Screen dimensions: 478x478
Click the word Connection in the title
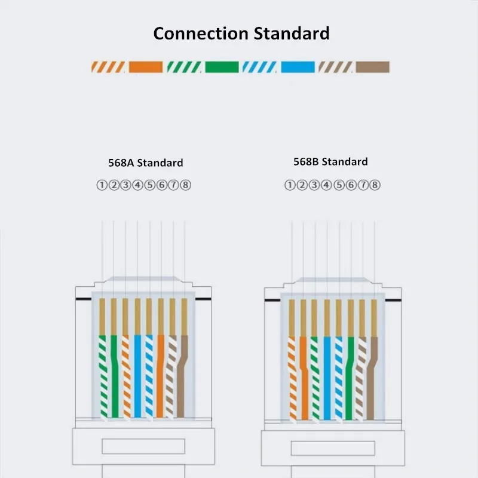coord(201,33)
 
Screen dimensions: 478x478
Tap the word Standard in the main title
coord(292,33)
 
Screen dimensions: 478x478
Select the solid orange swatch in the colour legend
coord(146,67)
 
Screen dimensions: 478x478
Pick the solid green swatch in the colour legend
coord(222,67)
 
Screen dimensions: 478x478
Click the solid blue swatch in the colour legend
coord(298,67)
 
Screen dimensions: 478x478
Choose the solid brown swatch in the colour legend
coord(372,67)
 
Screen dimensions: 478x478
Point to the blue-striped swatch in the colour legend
coord(259,67)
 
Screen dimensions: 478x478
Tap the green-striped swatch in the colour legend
coord(184,67)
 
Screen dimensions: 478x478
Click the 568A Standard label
coord(146,163)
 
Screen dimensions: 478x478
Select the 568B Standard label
coord(330,161)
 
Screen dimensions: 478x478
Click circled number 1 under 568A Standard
coord(102,185)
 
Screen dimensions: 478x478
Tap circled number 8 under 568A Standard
coord(186,185)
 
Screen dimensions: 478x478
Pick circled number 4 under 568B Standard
coord(326,185)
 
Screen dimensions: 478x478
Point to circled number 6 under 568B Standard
coord(351,185)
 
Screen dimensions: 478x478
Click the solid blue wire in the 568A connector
coord(137,376)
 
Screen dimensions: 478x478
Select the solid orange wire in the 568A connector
coord(160,376)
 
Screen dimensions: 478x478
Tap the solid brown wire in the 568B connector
coord(372,378)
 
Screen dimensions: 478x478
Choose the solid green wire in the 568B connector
coord(350,378)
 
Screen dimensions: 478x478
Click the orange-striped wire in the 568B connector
coord(292,378)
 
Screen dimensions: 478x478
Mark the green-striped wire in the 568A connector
coord(103,376)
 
